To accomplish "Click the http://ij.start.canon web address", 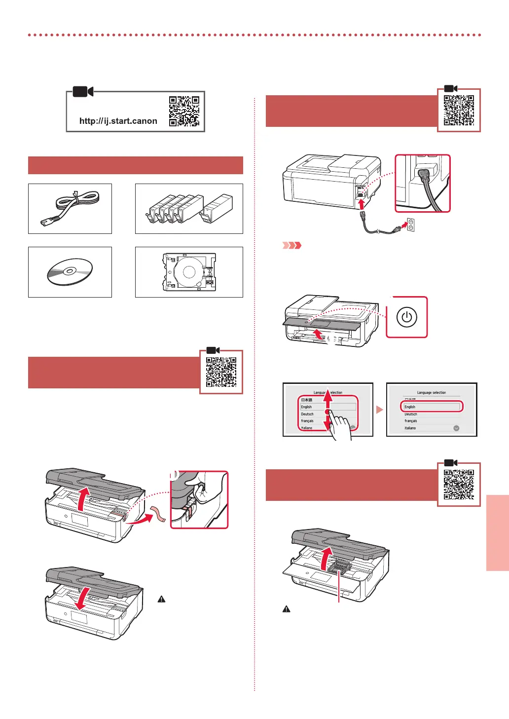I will [x=118, y=121].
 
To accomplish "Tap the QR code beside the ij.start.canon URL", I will [x=184, y=111].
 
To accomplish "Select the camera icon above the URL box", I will [x=83, y=91].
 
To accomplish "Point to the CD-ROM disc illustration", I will [x=70, y=271].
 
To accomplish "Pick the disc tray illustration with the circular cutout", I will [x=189, y=272].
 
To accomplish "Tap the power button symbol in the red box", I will [x=406, y=317].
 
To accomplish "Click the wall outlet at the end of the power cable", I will [x=410, y=225].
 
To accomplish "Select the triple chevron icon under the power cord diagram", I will [x=291, y=245].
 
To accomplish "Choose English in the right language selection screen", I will [x=431, y=407].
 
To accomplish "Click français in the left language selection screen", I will [x=308, y=421].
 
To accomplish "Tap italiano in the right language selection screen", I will [x=410, y=428].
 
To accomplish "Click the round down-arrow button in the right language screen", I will [x=456, y=428].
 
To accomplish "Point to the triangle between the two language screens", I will [x=379, y=410].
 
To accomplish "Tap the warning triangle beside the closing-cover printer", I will [x=161, y=599].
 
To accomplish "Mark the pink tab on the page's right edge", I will [x=497, y=533].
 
